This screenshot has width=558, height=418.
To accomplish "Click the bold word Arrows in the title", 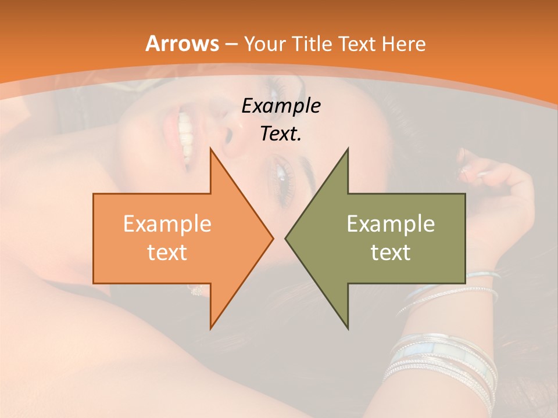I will click(183, 44).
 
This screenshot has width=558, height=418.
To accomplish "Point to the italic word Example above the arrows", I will click(281, 106).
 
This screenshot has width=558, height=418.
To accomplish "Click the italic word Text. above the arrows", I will click(281, 134).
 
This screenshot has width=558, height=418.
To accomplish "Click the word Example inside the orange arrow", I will click(167, 224).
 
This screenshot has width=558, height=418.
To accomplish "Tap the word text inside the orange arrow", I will click(167, 252).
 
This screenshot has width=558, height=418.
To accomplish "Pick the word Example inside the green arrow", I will click(391, 224).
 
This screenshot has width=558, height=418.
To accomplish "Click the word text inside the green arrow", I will click(391, 252).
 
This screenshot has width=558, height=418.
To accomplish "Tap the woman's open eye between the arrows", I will click(280, 175).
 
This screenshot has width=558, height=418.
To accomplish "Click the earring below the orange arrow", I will click(196, 290).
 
